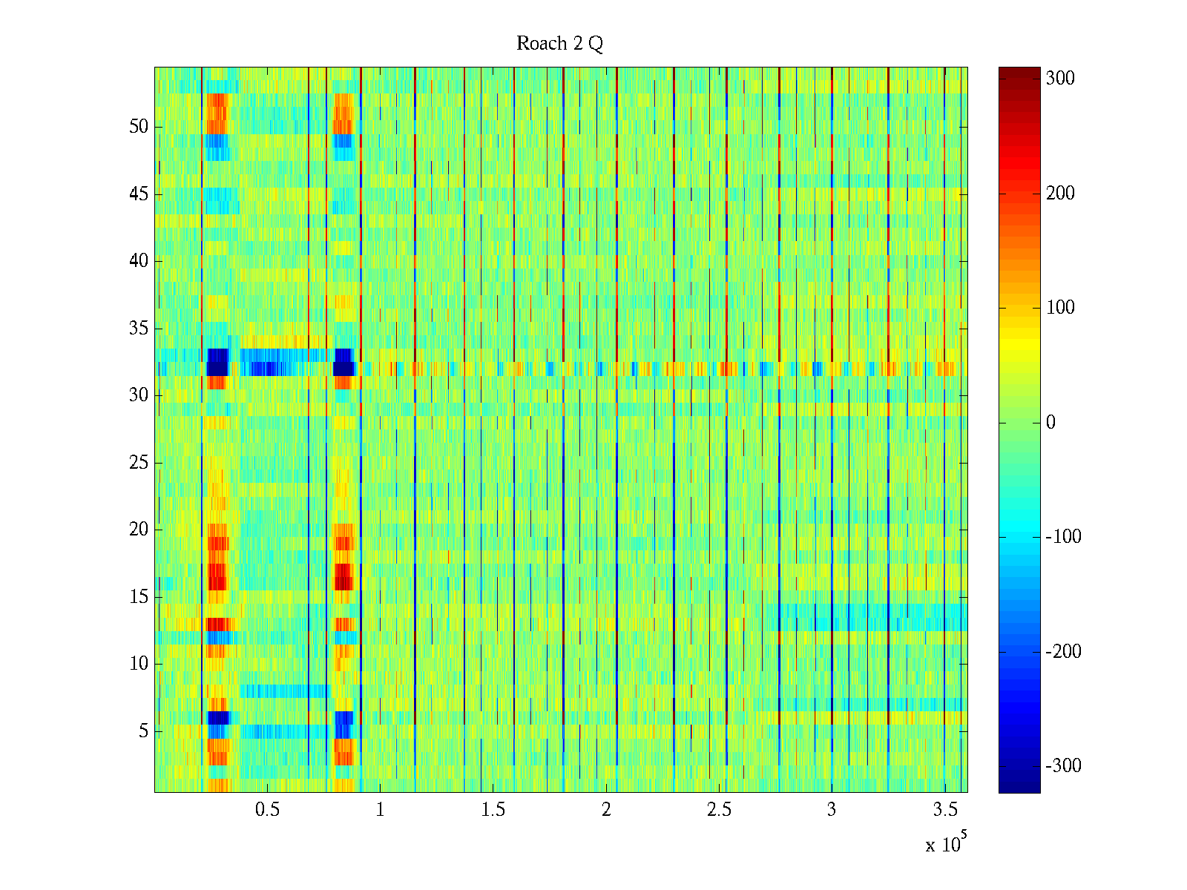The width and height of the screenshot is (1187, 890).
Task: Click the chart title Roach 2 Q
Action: [559, 44]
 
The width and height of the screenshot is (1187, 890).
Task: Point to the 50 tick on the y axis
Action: [139, 127]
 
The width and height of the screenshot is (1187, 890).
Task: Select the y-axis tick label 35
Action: [139, 329]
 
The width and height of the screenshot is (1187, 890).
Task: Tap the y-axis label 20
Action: [139, 530]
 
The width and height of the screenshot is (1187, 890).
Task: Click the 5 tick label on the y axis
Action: [143, 731]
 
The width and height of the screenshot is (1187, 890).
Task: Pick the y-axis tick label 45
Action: [139, 194]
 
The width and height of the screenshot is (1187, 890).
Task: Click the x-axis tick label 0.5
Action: [267, 810]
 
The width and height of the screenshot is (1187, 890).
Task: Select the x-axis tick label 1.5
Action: [493, 810]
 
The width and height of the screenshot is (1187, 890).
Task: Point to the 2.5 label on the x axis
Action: [719, 810]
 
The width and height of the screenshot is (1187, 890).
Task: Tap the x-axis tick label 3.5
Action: [944, 810]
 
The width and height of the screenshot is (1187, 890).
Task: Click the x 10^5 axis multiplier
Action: [946, 844]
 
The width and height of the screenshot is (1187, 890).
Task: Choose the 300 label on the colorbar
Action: [1060, 79]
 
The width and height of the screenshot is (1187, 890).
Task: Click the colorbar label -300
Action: [1063, 766]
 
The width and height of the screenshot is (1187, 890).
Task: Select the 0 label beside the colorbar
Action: [1050, 423]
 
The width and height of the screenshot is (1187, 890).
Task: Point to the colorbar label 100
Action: [1060, 308]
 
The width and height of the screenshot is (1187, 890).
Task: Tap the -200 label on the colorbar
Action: [1063, 652]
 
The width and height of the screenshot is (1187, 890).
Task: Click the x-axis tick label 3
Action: [832, 810]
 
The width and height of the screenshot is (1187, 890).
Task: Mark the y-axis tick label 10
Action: [139, 664]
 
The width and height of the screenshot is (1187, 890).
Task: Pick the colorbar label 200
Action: [1060, 194]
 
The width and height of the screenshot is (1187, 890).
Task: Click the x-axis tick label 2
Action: [606, 810]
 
